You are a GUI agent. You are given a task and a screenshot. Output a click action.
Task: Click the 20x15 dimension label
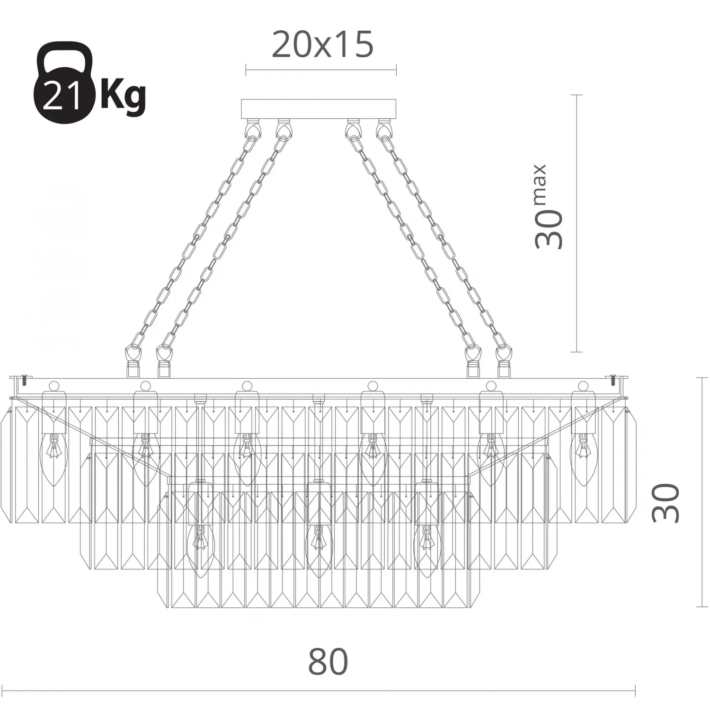pyautogui.click(x=323, y=45)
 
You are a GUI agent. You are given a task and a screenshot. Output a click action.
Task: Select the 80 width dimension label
pyautogui.click(x=328, y=662)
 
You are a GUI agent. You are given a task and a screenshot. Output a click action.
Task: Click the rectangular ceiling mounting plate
pyautogui.click(x=319, y=109)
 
